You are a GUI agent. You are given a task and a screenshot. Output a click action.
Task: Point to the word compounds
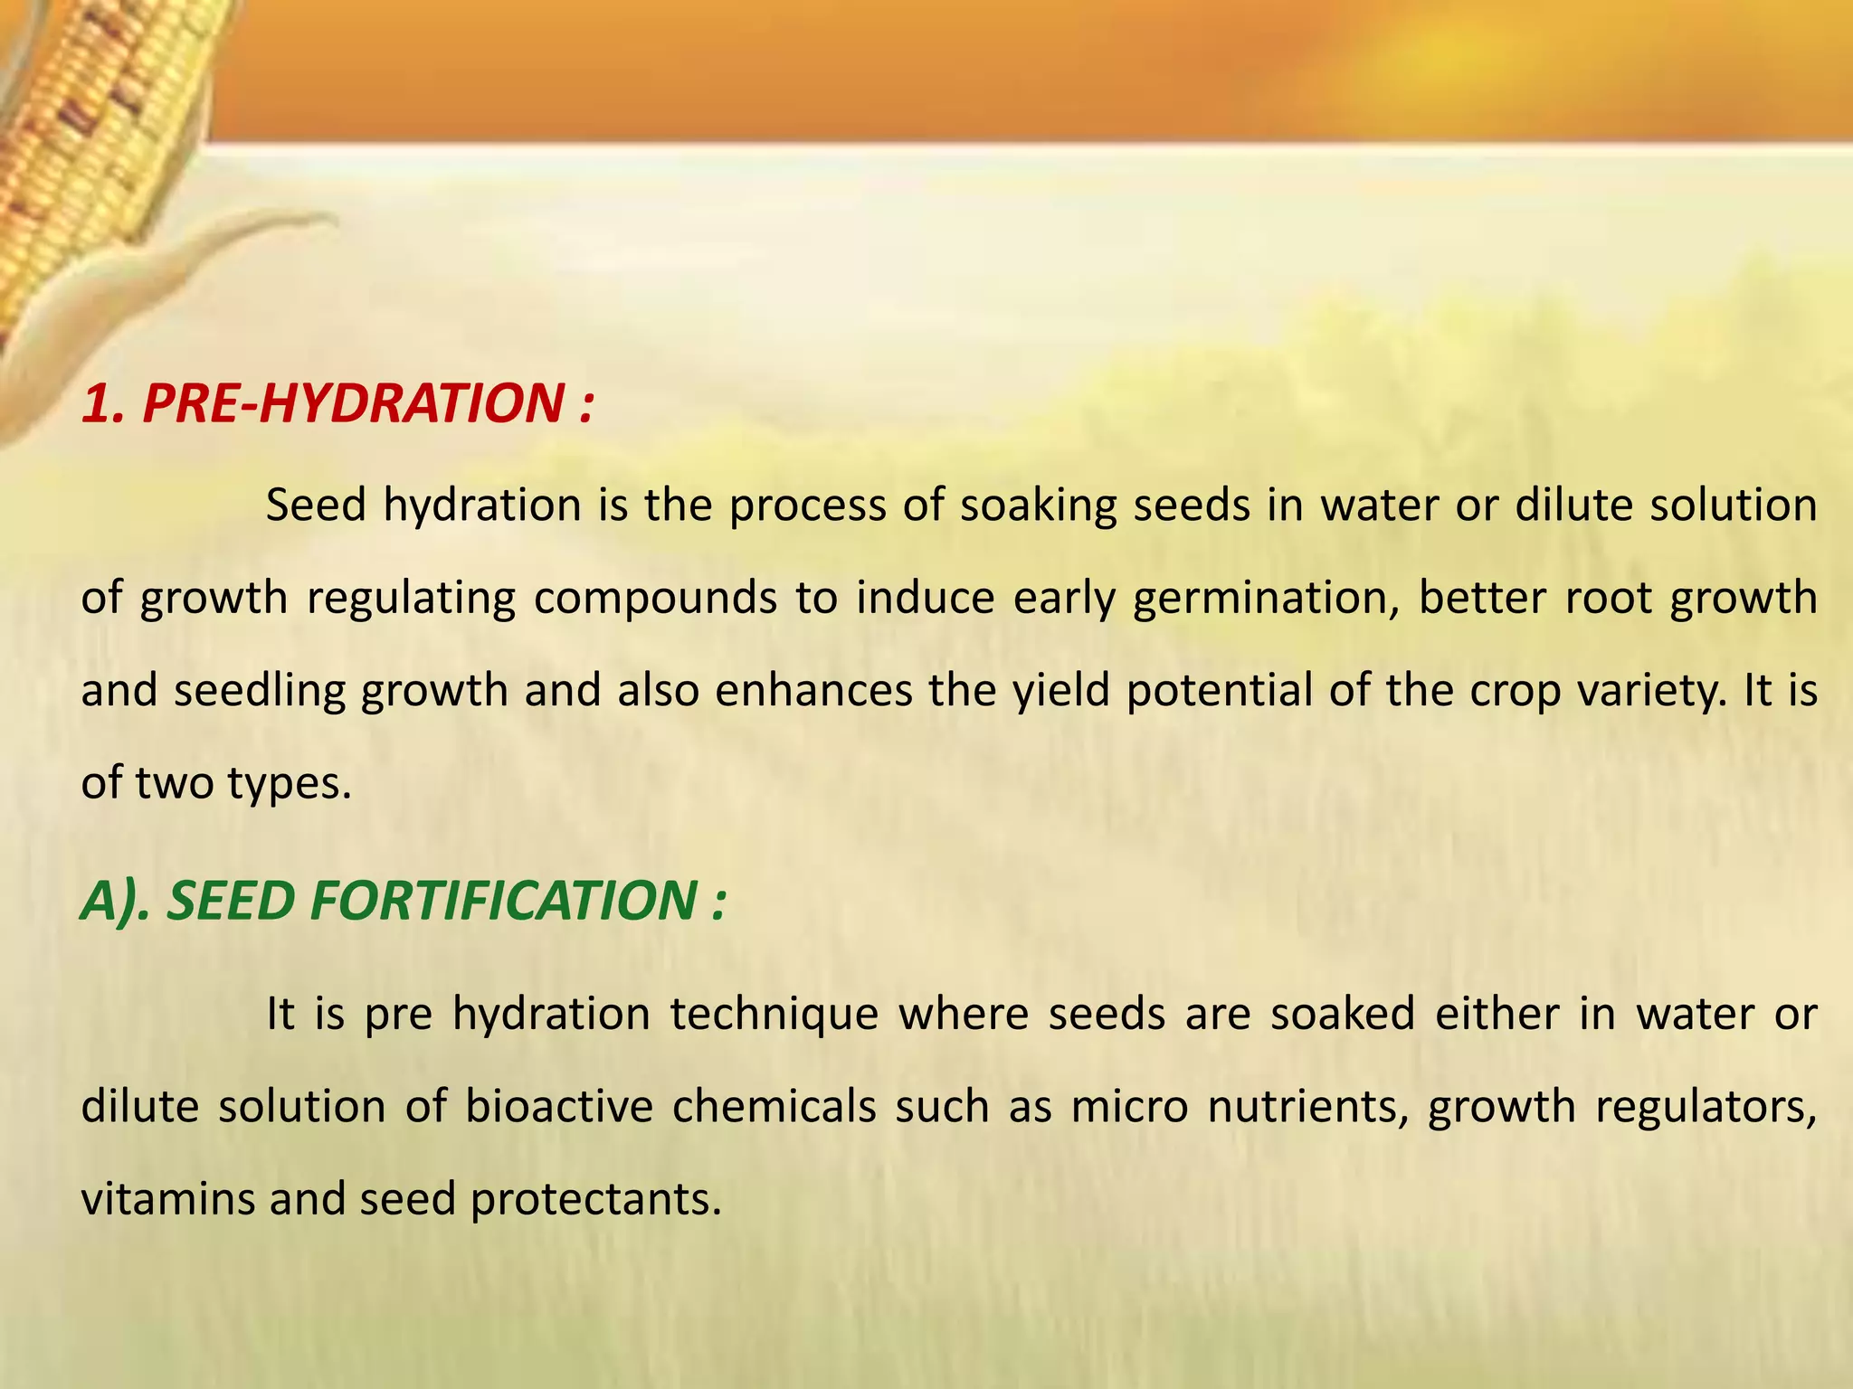coord(654,599)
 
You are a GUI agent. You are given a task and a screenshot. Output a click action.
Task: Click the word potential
coord(1219,691)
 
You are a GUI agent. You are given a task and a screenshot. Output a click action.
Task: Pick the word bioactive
coord(558,1107)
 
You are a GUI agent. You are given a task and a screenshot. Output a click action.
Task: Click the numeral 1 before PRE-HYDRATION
coord(100,403)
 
